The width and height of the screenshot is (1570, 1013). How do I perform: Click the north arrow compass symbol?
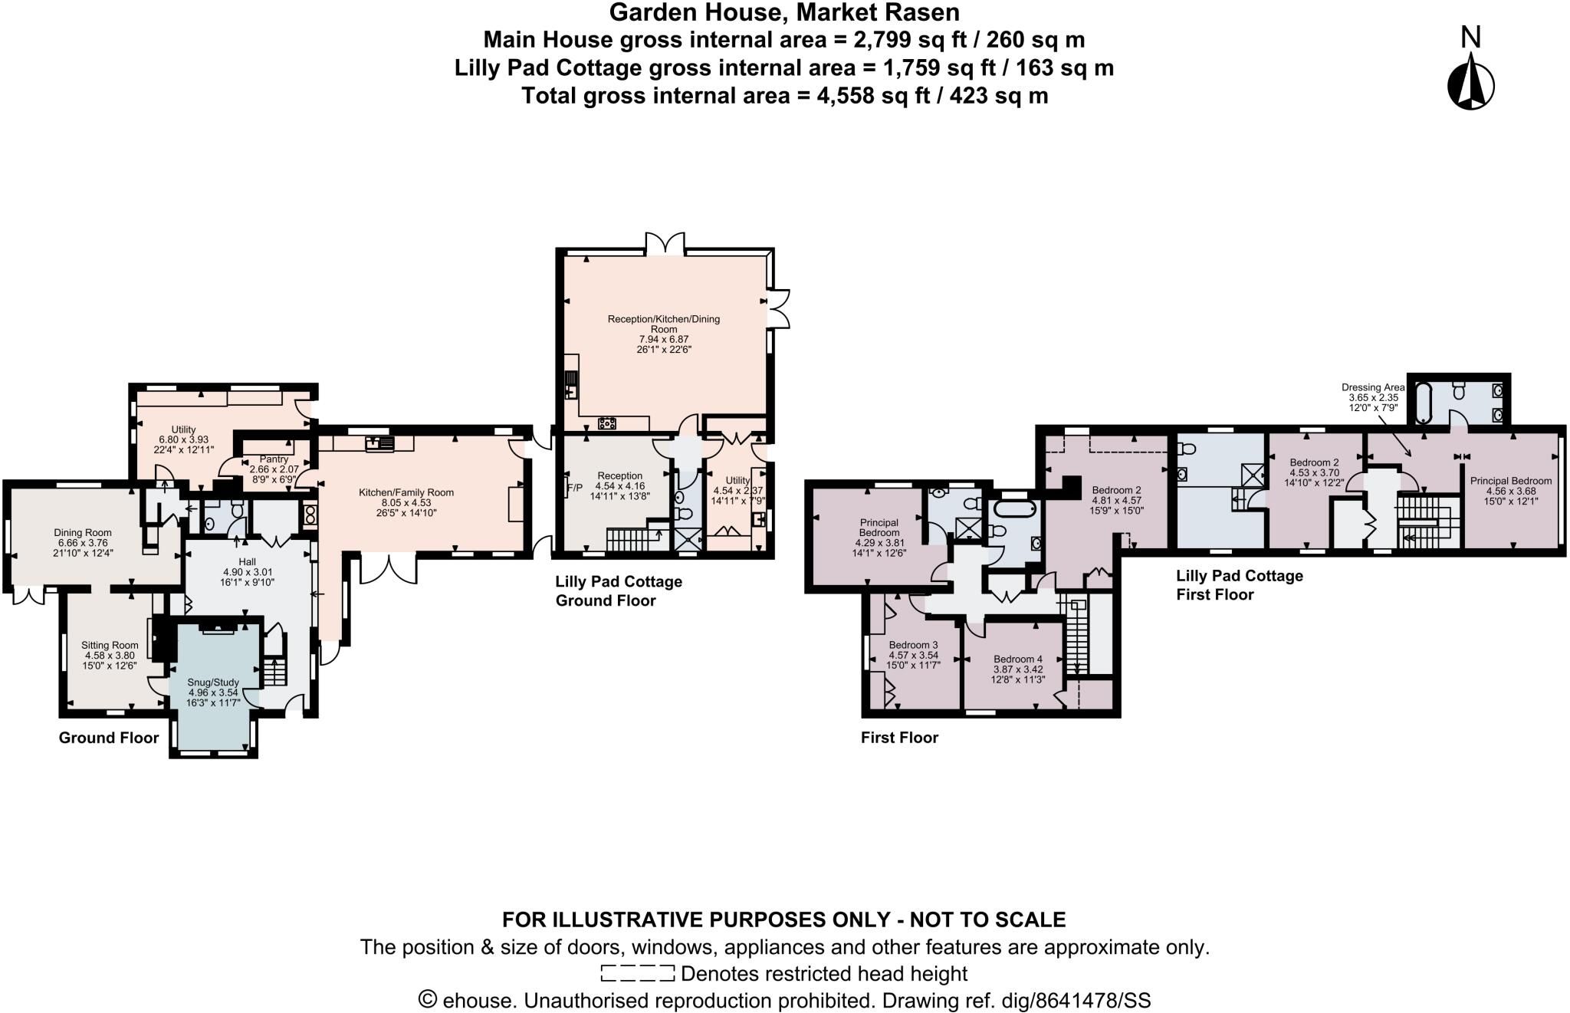(1470, 84)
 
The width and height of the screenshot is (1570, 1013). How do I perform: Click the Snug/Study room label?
(213, 682)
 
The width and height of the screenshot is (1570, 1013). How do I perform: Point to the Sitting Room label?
(110, 645)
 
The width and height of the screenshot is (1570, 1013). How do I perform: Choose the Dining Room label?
(83, 532)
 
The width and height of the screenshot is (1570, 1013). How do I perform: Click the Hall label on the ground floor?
(247, 562)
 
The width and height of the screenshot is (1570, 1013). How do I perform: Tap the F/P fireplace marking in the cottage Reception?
(574, 487)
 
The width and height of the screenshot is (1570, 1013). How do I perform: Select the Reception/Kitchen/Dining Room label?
(664, 324)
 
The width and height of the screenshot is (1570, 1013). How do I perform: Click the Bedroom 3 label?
(913, 645)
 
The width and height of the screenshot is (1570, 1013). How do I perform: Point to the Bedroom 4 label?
(1018, 659)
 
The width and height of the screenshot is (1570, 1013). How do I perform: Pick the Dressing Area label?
(1373, 387)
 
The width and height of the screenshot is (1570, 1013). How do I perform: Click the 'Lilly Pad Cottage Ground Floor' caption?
(619, 590)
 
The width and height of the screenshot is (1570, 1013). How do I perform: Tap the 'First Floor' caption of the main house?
(899, 738)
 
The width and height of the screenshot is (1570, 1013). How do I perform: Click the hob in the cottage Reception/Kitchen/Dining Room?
(607, 422)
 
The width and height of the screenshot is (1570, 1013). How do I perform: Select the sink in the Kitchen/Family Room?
(380, 442)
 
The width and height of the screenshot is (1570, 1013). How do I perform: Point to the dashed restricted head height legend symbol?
(638, 973)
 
